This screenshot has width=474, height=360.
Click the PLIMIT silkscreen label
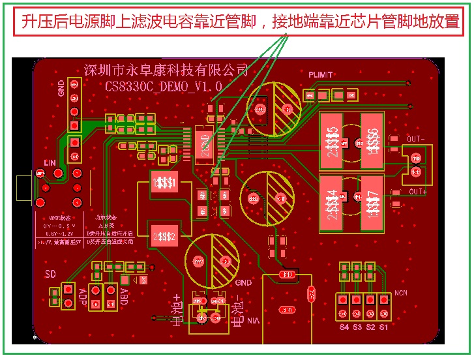[321, 74]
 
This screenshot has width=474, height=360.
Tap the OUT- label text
[416, 139]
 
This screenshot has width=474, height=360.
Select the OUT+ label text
[417, 191]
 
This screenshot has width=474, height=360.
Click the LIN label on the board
[50, 162]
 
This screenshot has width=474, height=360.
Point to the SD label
[51, 273]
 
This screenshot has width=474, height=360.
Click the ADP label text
[82, 296]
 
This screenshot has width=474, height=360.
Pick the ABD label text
[123, 296]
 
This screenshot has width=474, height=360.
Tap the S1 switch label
[383, 327]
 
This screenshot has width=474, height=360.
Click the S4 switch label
[344, 327]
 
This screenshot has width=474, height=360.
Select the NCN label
[400, 293]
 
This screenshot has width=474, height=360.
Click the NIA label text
[254, 320]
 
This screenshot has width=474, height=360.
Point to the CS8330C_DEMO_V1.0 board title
[164, 85]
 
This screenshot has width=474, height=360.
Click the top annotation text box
[239, 22]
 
